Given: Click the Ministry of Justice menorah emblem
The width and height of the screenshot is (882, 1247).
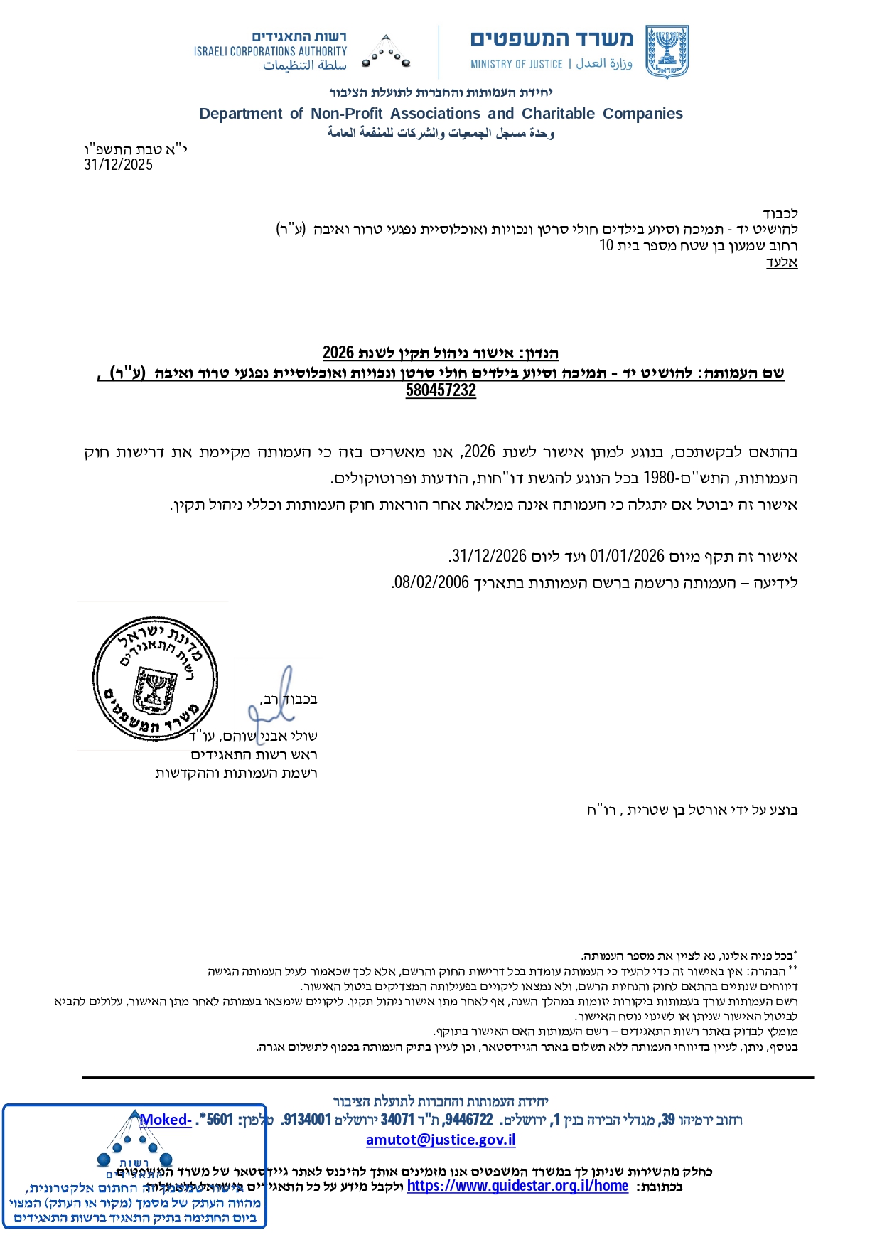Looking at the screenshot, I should pos(667,52).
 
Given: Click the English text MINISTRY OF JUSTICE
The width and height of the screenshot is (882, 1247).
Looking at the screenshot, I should pos(516,65).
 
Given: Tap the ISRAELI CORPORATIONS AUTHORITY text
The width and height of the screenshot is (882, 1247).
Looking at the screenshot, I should pos(270,51).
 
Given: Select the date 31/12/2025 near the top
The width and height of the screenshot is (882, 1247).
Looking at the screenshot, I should pos(118,165).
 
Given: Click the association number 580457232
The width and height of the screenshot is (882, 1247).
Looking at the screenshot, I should pos(441,390).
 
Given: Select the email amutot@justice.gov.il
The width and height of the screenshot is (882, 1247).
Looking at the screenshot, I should pos(441,1140).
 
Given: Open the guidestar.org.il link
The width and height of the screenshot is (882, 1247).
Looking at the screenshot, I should pos(517,1186).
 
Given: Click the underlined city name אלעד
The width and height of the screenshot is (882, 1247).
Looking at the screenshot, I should pos(782,262).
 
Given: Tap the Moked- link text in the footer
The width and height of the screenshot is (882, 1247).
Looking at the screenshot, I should pos(166,1120).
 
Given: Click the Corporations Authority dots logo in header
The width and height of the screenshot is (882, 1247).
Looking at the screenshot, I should pos(386,53).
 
